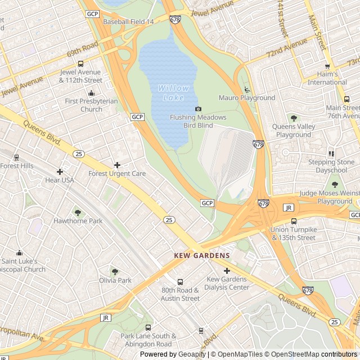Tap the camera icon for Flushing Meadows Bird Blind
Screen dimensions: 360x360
click(198, 109)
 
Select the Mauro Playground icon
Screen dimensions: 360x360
click(246, 89)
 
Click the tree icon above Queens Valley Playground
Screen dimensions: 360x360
click(293, 118)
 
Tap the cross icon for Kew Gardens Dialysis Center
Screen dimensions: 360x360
click(227, 271)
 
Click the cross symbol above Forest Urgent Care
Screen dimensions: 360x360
click(117, 165)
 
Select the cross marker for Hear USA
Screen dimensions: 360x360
click(60, 172)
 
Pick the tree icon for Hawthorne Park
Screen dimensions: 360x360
click(78, 213)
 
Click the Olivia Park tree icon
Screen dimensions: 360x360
click(115, 272)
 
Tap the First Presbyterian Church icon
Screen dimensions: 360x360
click(91, 93)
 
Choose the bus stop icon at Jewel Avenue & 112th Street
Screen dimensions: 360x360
click(80, 64)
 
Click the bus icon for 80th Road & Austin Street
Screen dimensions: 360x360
click(180, 282)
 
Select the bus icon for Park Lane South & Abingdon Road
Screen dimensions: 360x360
click(148, 327)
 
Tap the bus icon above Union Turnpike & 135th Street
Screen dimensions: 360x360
click(293, 221)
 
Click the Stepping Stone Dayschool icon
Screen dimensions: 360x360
click(331, 154)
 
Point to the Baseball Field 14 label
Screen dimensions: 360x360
click(128, 21)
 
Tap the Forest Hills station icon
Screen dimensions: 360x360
click(16, 157)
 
